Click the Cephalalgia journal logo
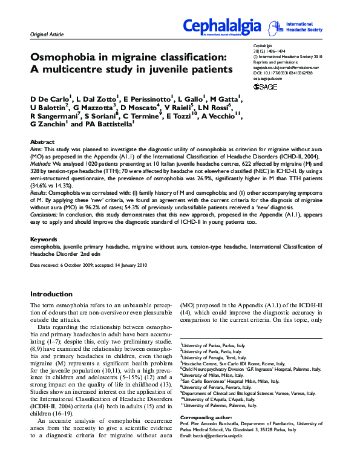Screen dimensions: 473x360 pyautogui.click(x=222, y=27)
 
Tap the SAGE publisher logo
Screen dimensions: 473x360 pyautogui.click(x=266, y=87)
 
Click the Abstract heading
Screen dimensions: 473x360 pyautogui.click(x=42, y=142)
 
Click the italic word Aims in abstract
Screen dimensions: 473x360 pyautogui.click(x=37, y=148)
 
